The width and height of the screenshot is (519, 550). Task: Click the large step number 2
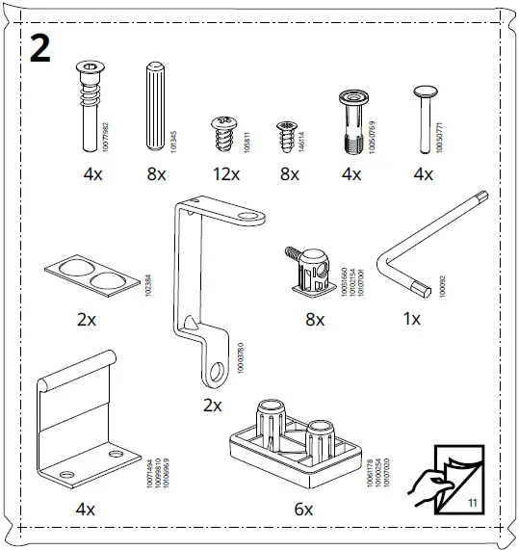click(x=39, y=48)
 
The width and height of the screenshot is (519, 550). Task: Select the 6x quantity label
click(x=303, y=509)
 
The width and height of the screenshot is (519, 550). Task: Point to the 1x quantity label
click(x=410, y=319)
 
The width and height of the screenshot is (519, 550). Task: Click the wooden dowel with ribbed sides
click(x=155, y=106)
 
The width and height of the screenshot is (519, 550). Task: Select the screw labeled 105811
click(x=223, y=135)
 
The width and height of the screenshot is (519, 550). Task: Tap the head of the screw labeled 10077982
click(x=89, y=71)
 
